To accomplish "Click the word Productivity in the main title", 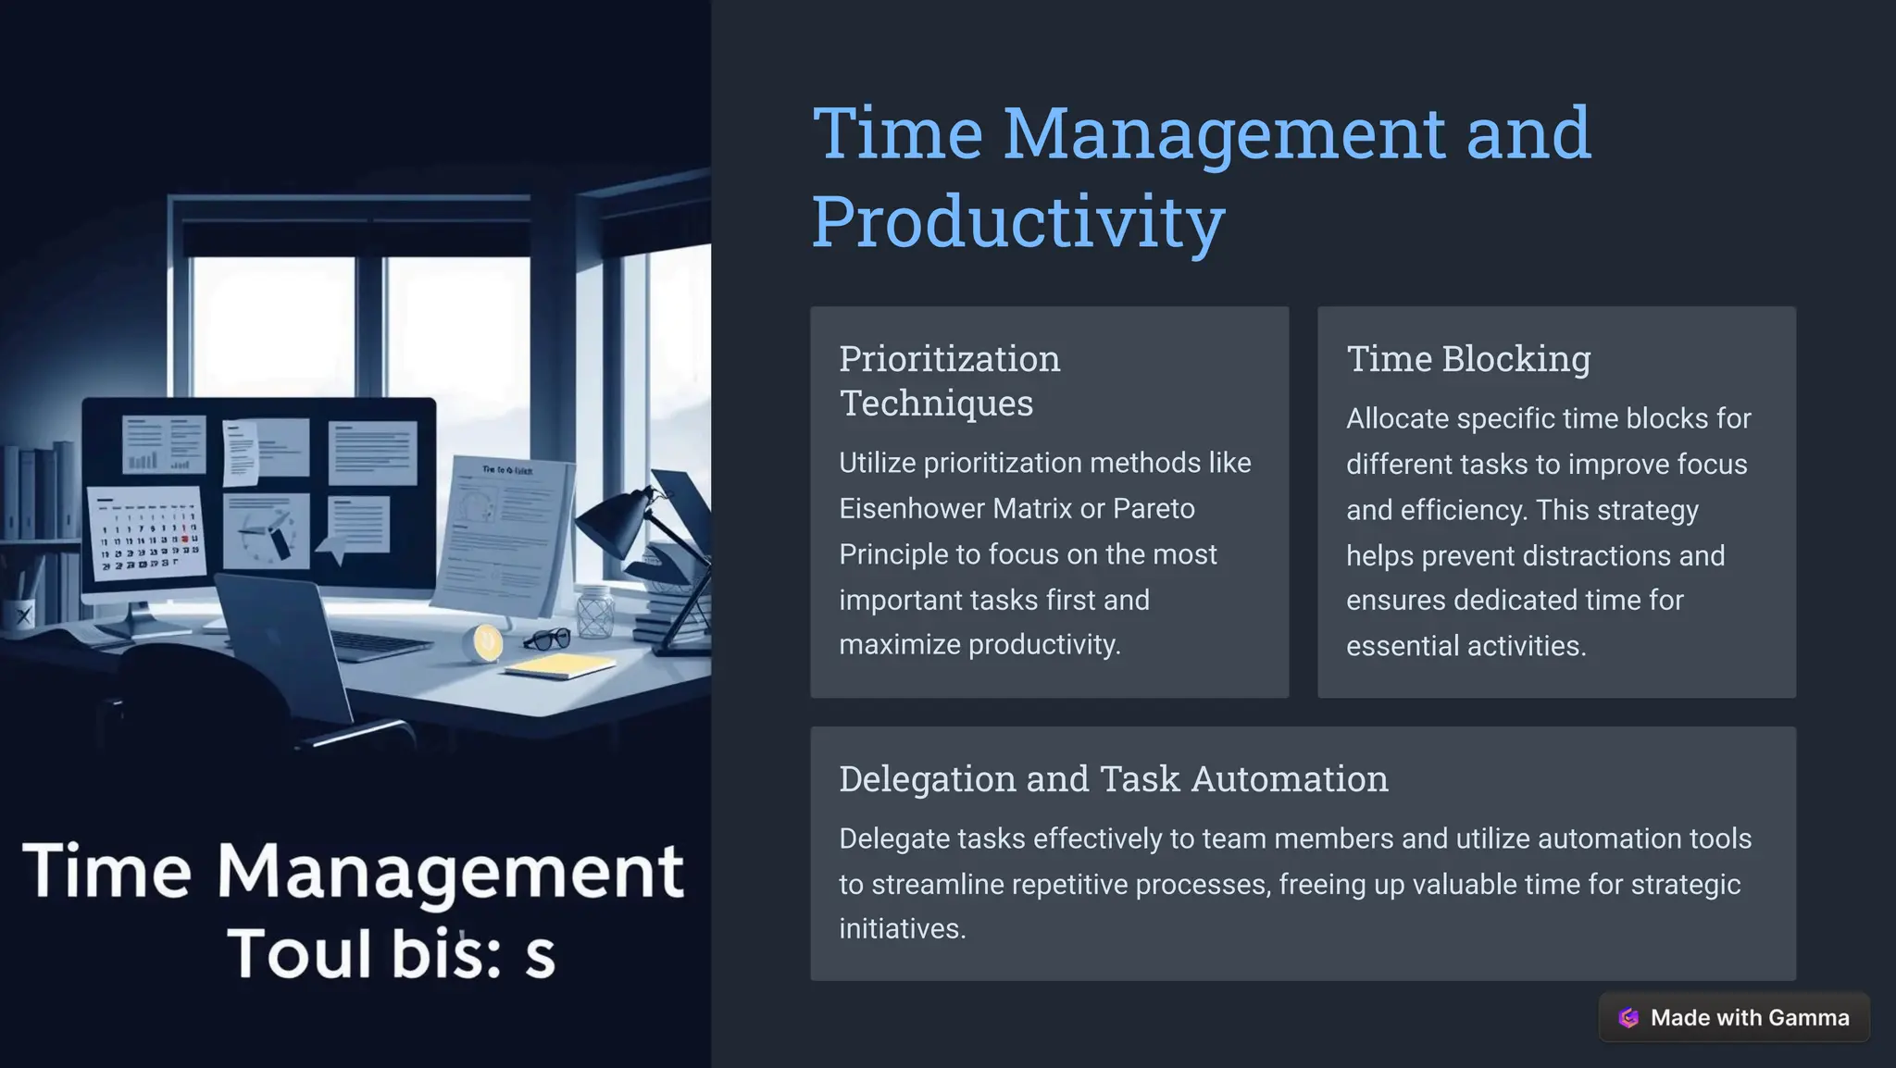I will pyautogui.click(x=1018, y=222).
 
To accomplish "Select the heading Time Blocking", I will pyautogui.click(x=1468, y=359).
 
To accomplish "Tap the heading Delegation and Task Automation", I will pyautogui.click(x=1113, y=779).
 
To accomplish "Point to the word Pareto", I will pyautogui.click(x=1154, y=509).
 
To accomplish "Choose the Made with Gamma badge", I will pyautogui.click(x=1734, y=1017).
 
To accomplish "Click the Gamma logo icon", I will pyautogui.click(x=1628, y=1018).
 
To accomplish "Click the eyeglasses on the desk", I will pyautogui.click(x=547, y=639).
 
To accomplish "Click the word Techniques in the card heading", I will pyautogui.click(x=936, y=404).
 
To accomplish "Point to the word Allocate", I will pyautogui.click(x=1397, y=418).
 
